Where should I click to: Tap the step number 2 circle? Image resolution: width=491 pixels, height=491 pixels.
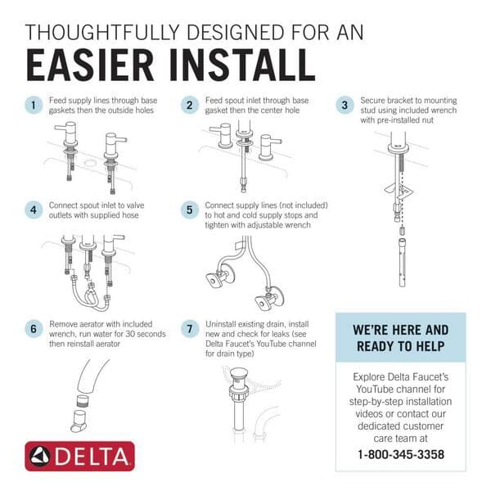pyautogui.click(x=190, y=106)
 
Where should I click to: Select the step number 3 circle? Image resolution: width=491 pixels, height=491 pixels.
pyautogui.click(x=345, y=106)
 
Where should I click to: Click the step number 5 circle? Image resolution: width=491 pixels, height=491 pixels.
pyautogui.click(x=190, y=209)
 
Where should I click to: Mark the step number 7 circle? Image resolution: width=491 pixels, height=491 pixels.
pyautogui.click(x=190, y=329)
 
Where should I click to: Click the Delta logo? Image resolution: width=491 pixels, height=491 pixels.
pyautogui.click(x=79, y=456)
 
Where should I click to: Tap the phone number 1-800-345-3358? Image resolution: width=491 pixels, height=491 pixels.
pyautogui.click(x=401, y=454)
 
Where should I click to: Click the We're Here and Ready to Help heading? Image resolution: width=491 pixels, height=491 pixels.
pyautogui.click(x=401, y=337)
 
